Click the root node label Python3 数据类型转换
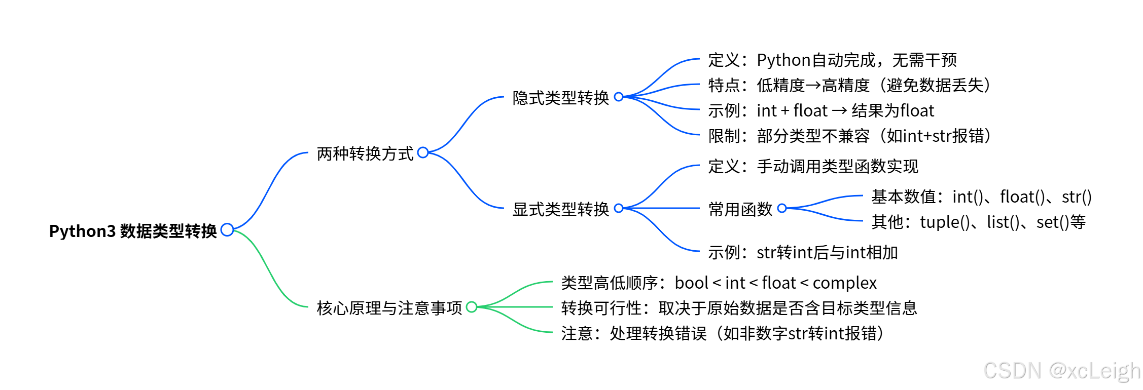click(x=133, y=231)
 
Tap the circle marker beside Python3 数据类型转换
click(x=227, y=230)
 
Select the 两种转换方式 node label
click(x=365, y=153)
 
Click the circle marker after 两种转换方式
click(x=423, y=152)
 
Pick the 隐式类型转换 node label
click(x=560, y=98)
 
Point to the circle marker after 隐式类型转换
click(x=619, y=97)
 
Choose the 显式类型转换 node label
click(x=560, y=209)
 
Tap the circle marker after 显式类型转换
click(x=619, y=208)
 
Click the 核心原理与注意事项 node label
click(x=389, y=308)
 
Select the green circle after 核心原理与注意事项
click(x=472, y=307)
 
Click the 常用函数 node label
click(x=740, y=209)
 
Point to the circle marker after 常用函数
click(x=782, y=208)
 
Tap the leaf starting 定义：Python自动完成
click(x=832, y=60)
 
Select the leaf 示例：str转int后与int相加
click(x=803, y=252)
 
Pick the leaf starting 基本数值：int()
click(x=981, y=197)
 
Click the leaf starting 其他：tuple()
click(x=978, y=222)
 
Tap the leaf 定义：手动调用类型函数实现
click(x=813, y=166)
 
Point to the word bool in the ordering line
click(x=691, y=283)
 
